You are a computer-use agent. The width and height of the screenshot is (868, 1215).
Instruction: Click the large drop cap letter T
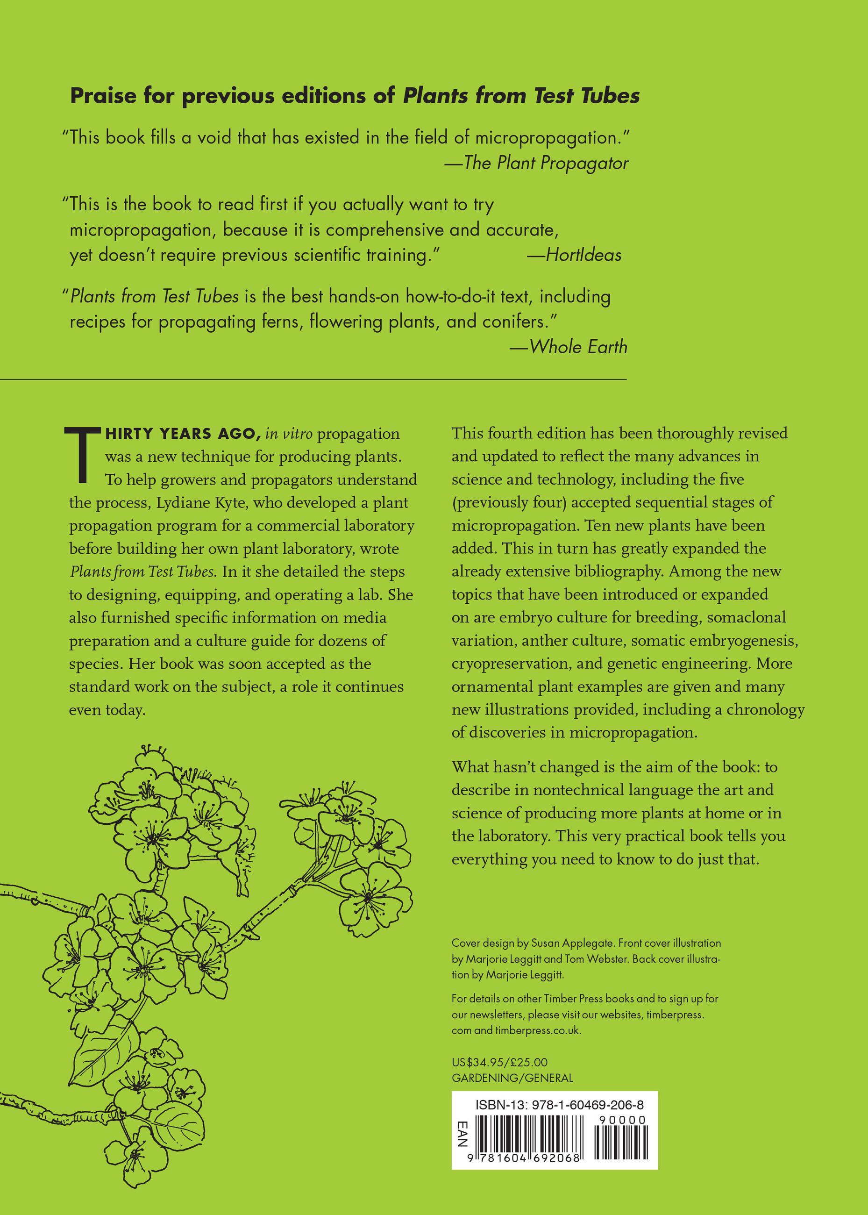pyautogui.click(x=83, y=454)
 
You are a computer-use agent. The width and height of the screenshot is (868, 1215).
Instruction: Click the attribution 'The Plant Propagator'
pyautogui.click(x=546, y=163)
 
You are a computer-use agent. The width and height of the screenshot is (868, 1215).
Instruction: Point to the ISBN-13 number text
pyautogui.click(x=559, y=1104)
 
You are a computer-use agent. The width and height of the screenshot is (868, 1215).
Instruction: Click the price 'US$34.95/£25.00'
pyautogui.click(x=499, y=1062)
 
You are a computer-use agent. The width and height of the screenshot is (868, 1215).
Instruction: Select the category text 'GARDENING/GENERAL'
pyautogui.click(x=512, y=1078)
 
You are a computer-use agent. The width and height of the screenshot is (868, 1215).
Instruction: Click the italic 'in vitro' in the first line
pyautogui.click(x=289, y=434)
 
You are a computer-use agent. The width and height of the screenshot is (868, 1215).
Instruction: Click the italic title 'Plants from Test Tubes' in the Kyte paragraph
pyautogui.click(x=142, y=572)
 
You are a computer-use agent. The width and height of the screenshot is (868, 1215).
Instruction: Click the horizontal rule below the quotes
pyautogui.click(x=313, y=379)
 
